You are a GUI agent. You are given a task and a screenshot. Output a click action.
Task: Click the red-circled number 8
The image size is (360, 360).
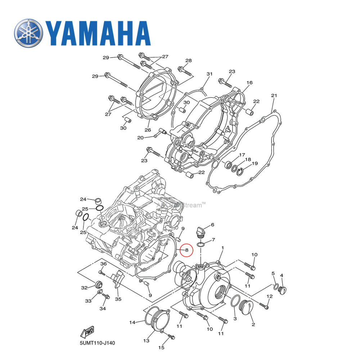point(186,249)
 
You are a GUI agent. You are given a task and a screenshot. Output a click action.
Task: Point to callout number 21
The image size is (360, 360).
point(274,96)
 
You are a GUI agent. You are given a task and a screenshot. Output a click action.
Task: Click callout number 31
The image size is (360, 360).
point(210,74)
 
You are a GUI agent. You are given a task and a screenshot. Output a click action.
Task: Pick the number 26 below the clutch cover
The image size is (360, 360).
point(148,130)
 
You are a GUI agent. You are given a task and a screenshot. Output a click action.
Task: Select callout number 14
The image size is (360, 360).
point(132,322)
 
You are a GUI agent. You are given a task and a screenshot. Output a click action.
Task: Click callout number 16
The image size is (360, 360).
point(249,83)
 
